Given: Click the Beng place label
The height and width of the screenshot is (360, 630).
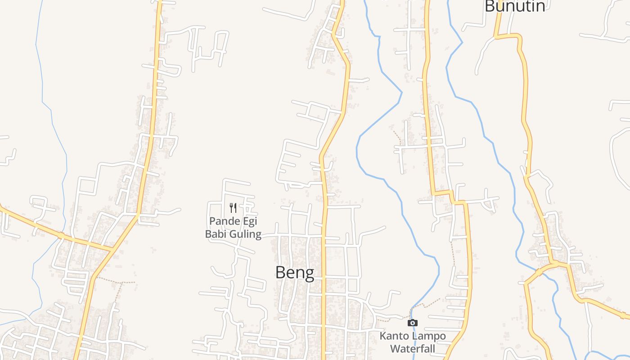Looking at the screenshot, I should tap(295, 272).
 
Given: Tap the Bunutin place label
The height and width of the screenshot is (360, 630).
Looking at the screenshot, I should tap(515, 6).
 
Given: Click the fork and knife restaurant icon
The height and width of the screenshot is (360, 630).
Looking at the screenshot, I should tap(233, 207).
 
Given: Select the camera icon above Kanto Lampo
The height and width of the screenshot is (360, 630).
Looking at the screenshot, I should tap(412, 323).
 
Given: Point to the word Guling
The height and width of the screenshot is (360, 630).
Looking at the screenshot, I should tap(246, 234).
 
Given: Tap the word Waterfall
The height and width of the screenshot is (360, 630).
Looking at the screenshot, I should tap(412, 348).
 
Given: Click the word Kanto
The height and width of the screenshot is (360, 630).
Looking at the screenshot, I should tap(392, 336).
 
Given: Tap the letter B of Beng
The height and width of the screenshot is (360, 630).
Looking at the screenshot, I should tap(281, 272).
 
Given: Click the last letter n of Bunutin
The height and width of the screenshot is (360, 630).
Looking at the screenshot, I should tap(540, 6).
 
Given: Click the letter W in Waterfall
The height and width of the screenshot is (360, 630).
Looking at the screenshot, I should tap(395, 348).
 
